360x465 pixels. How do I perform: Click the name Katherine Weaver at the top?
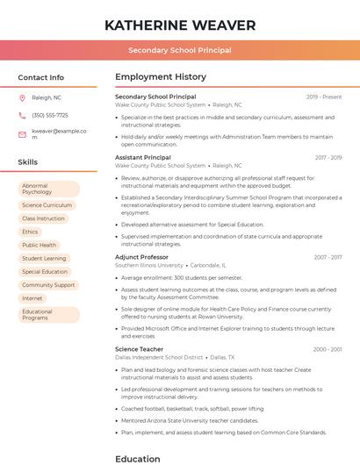[180, 25]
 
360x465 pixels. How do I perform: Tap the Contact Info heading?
[41, 77]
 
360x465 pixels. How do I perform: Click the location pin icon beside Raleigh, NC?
[22, 97]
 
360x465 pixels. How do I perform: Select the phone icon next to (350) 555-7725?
[22, 115]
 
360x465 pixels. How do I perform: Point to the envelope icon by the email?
[22, 134]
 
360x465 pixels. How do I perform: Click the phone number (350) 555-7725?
[50, 115]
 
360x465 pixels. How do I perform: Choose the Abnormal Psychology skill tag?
[48, 189]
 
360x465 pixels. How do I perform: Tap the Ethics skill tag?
[30, 232]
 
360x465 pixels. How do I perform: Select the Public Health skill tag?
[39, 245]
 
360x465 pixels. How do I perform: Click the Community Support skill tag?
[48, 285]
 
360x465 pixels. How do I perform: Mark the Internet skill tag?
[32, 298]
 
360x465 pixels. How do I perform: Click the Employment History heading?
[161, 77]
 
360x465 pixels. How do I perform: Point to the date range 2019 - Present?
[324, 97]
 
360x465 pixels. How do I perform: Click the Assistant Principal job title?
[143, 157]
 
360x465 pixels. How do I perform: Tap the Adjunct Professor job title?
[141, 257]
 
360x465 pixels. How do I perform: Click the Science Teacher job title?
[139, 349]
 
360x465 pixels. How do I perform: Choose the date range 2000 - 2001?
[328, 349]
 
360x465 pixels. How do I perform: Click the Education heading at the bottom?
[138, 458]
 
